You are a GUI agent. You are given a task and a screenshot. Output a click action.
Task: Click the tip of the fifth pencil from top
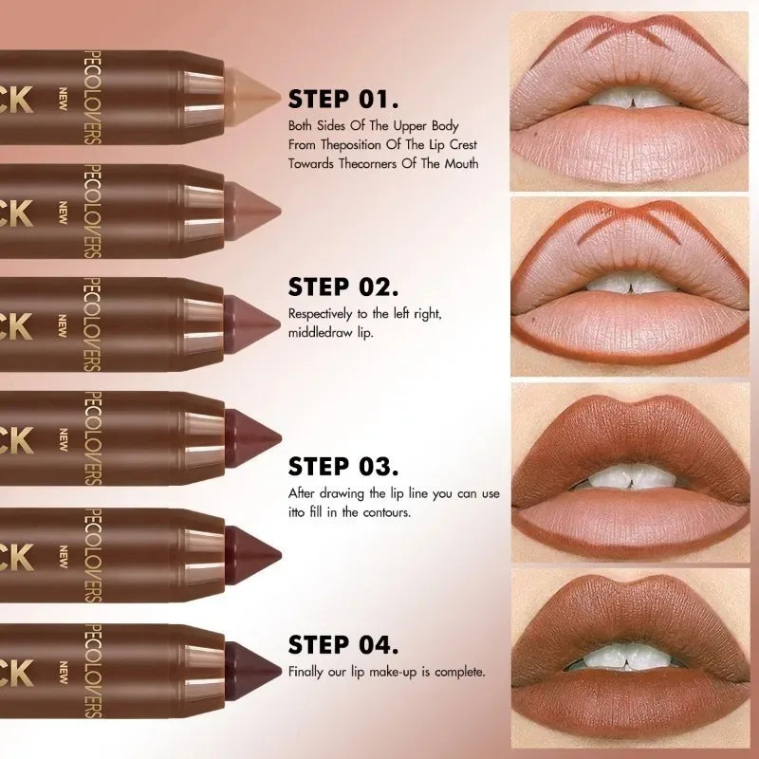(x=251, y=548)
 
